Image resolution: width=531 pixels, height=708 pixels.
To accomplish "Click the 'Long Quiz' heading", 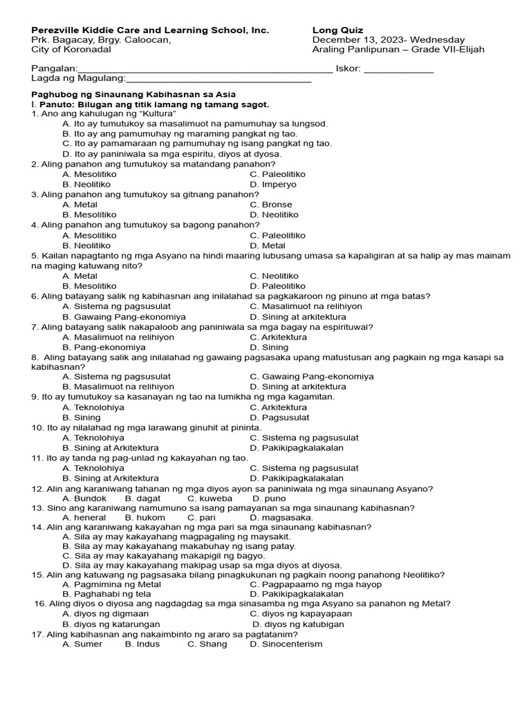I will click(337, 30).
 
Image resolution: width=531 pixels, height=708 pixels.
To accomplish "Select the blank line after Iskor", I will click(398, 71).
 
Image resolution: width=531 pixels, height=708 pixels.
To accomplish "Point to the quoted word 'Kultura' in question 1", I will click(157, 113).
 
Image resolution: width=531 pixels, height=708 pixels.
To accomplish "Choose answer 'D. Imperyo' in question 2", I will click(273, 185).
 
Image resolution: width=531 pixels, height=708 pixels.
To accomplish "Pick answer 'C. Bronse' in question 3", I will click(271, 205).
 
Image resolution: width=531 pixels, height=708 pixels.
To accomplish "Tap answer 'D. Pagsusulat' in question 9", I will click(279, 418).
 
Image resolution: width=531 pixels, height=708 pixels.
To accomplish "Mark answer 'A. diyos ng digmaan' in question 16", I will click(105, 613).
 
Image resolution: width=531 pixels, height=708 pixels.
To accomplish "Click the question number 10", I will click(37, 428).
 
